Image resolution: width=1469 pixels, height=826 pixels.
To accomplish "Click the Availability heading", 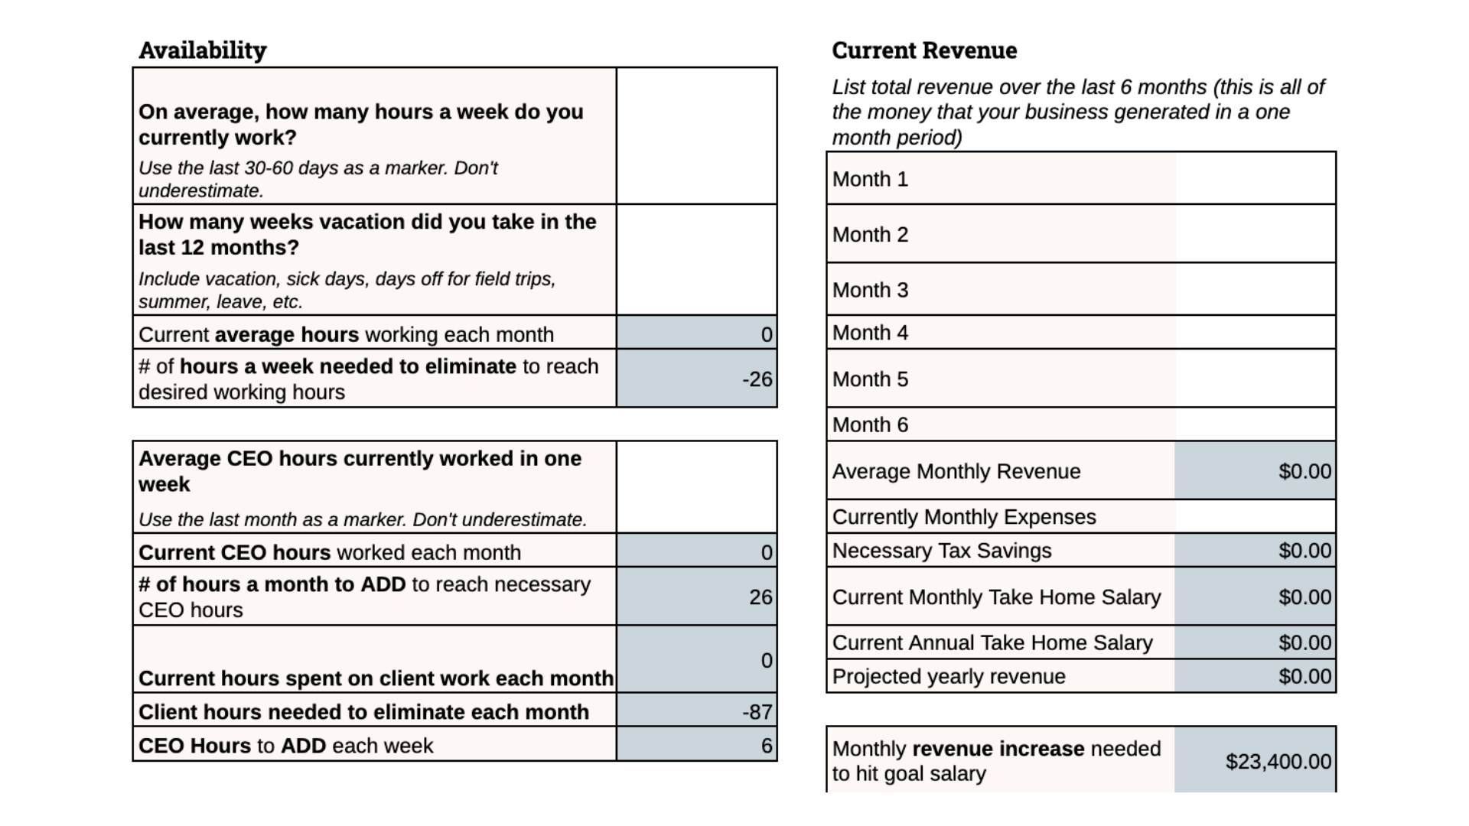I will (203, 50).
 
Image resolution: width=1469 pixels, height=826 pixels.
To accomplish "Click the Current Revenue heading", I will (924, 50).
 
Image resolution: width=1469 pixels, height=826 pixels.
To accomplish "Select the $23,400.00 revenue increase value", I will (1278, 762).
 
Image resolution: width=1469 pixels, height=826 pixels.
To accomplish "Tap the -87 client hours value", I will (757, 712).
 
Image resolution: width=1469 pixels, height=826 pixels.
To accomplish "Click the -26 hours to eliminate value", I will (757, 379).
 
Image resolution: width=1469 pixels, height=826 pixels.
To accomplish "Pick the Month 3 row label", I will (870, 291).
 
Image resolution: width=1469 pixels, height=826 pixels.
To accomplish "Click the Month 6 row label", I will (870, 425).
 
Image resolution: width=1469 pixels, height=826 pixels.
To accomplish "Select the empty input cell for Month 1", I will (1255, 179).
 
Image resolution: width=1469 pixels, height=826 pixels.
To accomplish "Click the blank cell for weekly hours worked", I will (696, 136).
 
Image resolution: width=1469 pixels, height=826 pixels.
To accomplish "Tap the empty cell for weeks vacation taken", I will (696, 260).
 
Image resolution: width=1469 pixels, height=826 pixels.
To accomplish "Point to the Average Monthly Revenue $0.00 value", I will (1305, 471).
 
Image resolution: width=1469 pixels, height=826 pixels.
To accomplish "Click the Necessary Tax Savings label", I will (942, 551).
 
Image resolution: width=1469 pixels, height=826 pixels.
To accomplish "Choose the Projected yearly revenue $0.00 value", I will (1305, 677).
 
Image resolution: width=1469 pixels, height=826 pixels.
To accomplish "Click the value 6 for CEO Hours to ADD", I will (767, 746).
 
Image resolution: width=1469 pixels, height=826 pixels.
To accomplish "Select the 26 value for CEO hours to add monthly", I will (761, 597).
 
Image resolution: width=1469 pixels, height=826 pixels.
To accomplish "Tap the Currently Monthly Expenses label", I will (964, 517).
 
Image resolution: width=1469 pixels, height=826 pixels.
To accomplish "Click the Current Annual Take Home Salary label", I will (992, 643).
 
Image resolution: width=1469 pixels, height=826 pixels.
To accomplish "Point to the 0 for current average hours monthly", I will (767, 335).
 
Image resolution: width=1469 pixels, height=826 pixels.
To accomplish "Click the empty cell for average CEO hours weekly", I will (696, 487).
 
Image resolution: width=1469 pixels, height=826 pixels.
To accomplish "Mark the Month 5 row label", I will (870, 379).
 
